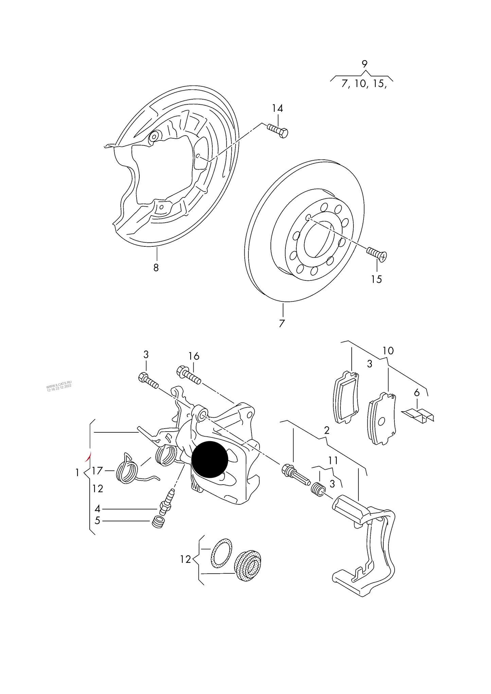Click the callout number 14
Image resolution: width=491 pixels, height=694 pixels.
[277, 108]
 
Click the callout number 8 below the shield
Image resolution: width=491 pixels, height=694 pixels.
[156, 268]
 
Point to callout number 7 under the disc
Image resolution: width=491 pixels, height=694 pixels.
[281, 323]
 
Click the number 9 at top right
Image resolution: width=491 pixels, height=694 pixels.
[364, 64]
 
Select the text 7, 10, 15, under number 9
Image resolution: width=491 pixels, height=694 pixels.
[364, 84]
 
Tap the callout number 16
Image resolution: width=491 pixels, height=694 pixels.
[194, 356]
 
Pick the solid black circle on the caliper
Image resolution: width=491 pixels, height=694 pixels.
[210, 459]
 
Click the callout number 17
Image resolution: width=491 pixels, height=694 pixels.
[97, 471]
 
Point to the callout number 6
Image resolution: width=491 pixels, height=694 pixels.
[417, 393]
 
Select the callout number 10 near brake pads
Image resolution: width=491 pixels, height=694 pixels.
[388, 350]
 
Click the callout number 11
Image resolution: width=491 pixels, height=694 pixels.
[333, 461]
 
